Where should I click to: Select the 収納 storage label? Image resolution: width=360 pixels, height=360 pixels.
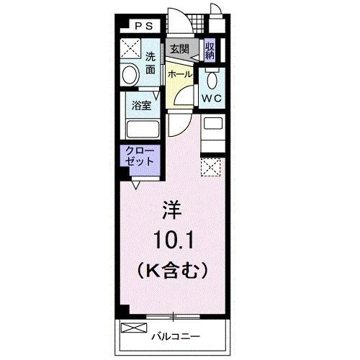(x=210, y=50)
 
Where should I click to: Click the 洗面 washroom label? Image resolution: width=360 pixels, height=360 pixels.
(x=150, y=63)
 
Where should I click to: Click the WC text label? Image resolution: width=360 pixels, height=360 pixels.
(x=211, y=97)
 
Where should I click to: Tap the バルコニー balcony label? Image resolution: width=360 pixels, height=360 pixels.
(x=175, y=336)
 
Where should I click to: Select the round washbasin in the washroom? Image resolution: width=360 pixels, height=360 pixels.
(x=130, y=76)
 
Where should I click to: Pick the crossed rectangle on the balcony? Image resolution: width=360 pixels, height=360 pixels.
(x=133, y=328)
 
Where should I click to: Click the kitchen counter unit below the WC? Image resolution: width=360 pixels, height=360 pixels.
(x=212, y=133)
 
